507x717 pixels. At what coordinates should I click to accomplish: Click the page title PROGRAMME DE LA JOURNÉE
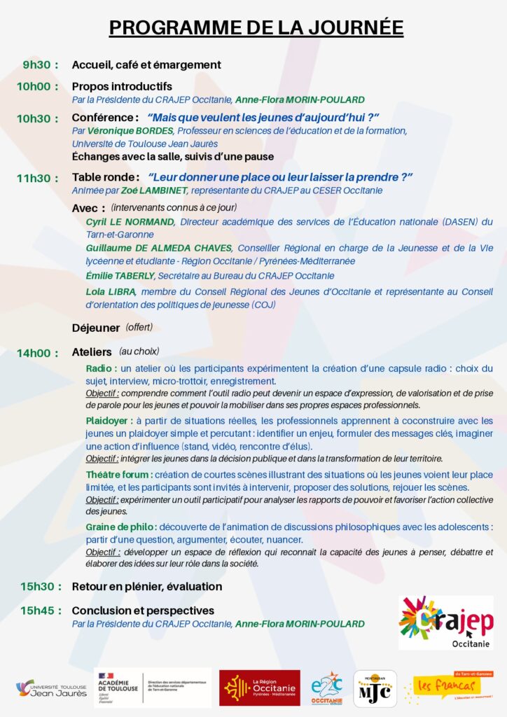tap(256, 27)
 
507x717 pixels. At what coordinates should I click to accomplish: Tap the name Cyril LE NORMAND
tap(130, 222)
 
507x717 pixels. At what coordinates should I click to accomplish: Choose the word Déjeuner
tap(96, 327)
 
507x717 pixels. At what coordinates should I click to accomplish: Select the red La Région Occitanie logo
tap(259, 688)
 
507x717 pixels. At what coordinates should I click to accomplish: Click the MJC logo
tap(375, 688)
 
